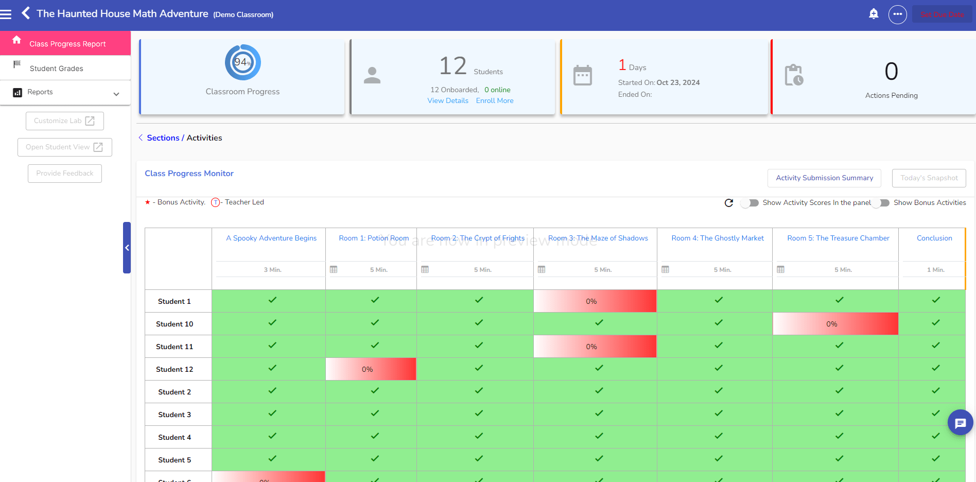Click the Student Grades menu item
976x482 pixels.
[x=56, y=68]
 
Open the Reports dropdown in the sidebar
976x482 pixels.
[x=65, y=93]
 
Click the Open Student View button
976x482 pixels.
[x=65, y=147]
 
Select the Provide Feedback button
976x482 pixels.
[x=65, y=174]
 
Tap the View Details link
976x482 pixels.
[x=448, y=101]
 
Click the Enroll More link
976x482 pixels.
[x=495, y=101]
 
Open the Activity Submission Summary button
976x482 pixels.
[x=824, y=178]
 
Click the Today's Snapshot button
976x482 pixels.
[x=929, y=178]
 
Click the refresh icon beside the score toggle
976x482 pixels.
[x=729, y=203]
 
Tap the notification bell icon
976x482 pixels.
[x=874, y=14]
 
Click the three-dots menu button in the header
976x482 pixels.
[x=897, y=14]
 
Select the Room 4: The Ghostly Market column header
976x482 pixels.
[x=718, y=238]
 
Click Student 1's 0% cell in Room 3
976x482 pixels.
[x=595, y=301]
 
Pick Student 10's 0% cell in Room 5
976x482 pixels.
[x=835, y=324]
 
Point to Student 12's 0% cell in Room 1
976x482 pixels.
[x=371, y=369]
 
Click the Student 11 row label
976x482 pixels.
[x=175, y=347]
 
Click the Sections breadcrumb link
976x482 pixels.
[x=163, y=138]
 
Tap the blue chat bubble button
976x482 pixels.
[x=960, y=423]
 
